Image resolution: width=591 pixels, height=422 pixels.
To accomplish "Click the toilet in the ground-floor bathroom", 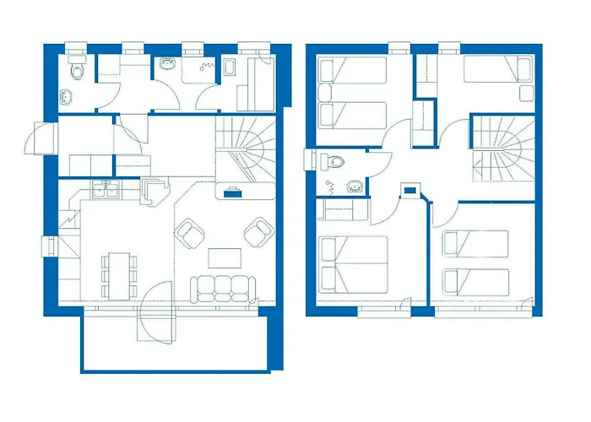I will (x=79, y=70).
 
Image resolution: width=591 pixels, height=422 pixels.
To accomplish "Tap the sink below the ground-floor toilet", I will (x=66, y=96).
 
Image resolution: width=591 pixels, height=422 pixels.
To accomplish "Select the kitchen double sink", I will (x=106, y=190).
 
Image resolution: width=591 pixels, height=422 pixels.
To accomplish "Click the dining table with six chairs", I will (x=120, y=273).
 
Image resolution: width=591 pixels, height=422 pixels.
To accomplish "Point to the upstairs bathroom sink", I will (x=355, y=187).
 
